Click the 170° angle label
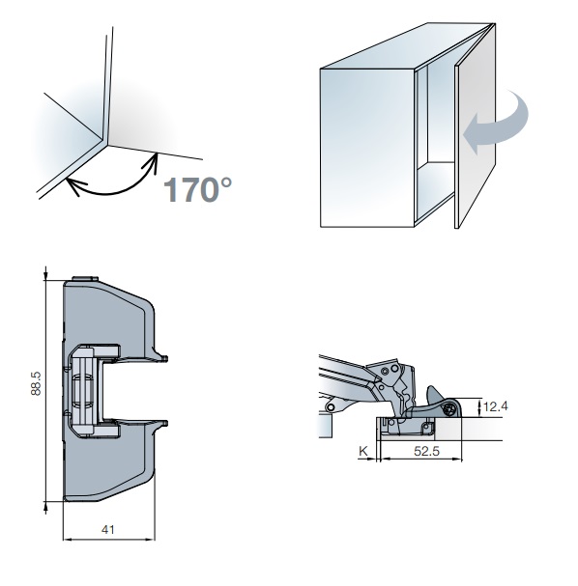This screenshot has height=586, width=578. pos(197,189)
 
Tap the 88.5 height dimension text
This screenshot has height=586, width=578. pos(36,384)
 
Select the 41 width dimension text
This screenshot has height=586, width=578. pos(107,529)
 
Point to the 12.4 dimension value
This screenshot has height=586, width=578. pos(495,406)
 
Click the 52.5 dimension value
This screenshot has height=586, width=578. pos(426,451)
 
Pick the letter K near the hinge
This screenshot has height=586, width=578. pos(362,451)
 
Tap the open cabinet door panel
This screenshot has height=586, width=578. pos(476,127)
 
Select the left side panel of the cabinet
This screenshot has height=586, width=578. pos(367,148)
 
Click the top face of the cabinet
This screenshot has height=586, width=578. pos(408,46)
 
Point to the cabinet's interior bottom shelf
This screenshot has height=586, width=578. pos(436,188)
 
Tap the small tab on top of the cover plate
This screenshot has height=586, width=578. pos(85,279)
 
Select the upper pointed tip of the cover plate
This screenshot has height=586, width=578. pos(165,359)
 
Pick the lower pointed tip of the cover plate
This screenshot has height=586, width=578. pos(165,423)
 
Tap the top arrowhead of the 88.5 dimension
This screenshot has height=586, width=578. pos(45,276)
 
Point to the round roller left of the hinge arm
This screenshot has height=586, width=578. pos(331,406)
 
